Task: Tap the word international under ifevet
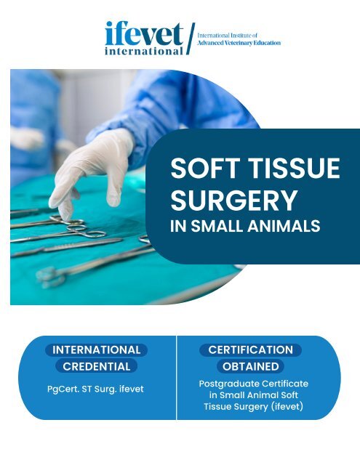tap(144, 51)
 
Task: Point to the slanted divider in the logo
tap(191, 39)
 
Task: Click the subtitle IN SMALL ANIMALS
tap(244, 227)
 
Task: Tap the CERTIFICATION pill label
tap(250, 349)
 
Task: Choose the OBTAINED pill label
tap(250, 366)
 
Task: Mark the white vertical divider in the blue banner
tap(177, 378)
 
